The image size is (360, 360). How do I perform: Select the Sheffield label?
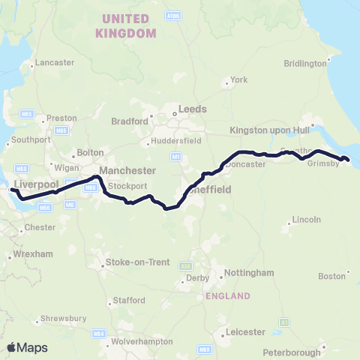coord(210,190)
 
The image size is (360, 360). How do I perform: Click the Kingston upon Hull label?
coord(267,129)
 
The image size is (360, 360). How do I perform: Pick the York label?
coord(240,80)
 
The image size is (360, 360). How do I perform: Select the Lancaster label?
coord(50,62)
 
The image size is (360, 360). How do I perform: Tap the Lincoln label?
coord(307,219)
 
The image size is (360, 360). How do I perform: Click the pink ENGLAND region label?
coord(227,296)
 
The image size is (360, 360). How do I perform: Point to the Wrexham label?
coord(33,254)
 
